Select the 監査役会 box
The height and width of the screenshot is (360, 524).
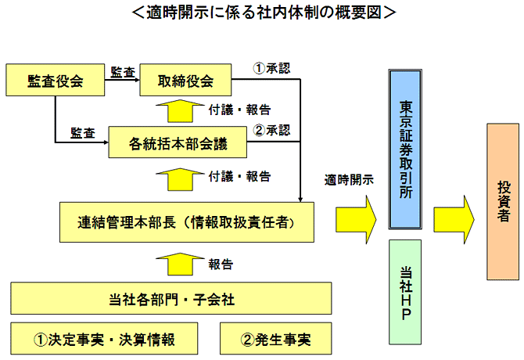[x=55, y=80]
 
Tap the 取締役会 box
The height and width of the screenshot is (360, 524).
[x=188, y=80]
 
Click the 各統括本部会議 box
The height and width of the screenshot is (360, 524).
[x=178, y=143]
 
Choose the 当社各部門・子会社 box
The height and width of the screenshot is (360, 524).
[x=170, y=298]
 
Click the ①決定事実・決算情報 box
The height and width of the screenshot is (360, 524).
[x=103, y=340]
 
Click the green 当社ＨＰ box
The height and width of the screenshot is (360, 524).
[x=405, y=291]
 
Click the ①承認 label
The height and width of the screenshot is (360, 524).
[x=271, y=67]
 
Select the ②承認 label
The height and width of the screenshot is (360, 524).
[x=272, y=129]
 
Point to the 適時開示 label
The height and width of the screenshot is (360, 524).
[x=349, y=180]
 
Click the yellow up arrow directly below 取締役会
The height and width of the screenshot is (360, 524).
[x=179, y=110]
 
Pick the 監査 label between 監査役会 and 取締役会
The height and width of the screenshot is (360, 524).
[x=123, y=70]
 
